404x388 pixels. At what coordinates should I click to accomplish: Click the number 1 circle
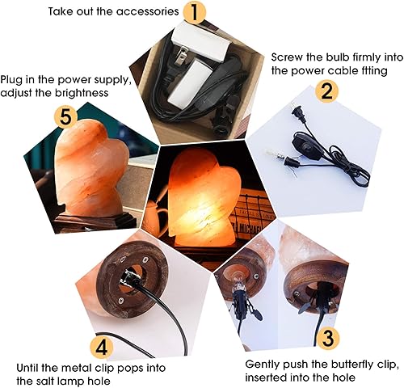194,12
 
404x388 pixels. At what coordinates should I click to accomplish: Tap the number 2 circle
326,90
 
